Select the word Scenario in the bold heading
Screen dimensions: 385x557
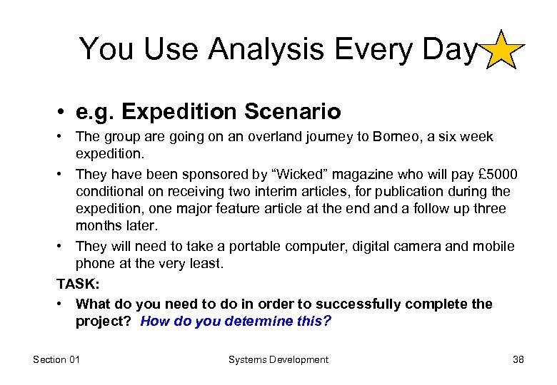(293, 112)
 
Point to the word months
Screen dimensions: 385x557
(98, 225)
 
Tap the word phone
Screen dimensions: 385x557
(94, 263)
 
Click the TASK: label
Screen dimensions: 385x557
(78, 284)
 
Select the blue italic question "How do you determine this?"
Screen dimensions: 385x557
(236, 321)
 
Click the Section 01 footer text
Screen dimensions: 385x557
(56, 359)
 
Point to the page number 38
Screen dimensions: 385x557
(518, 359)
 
